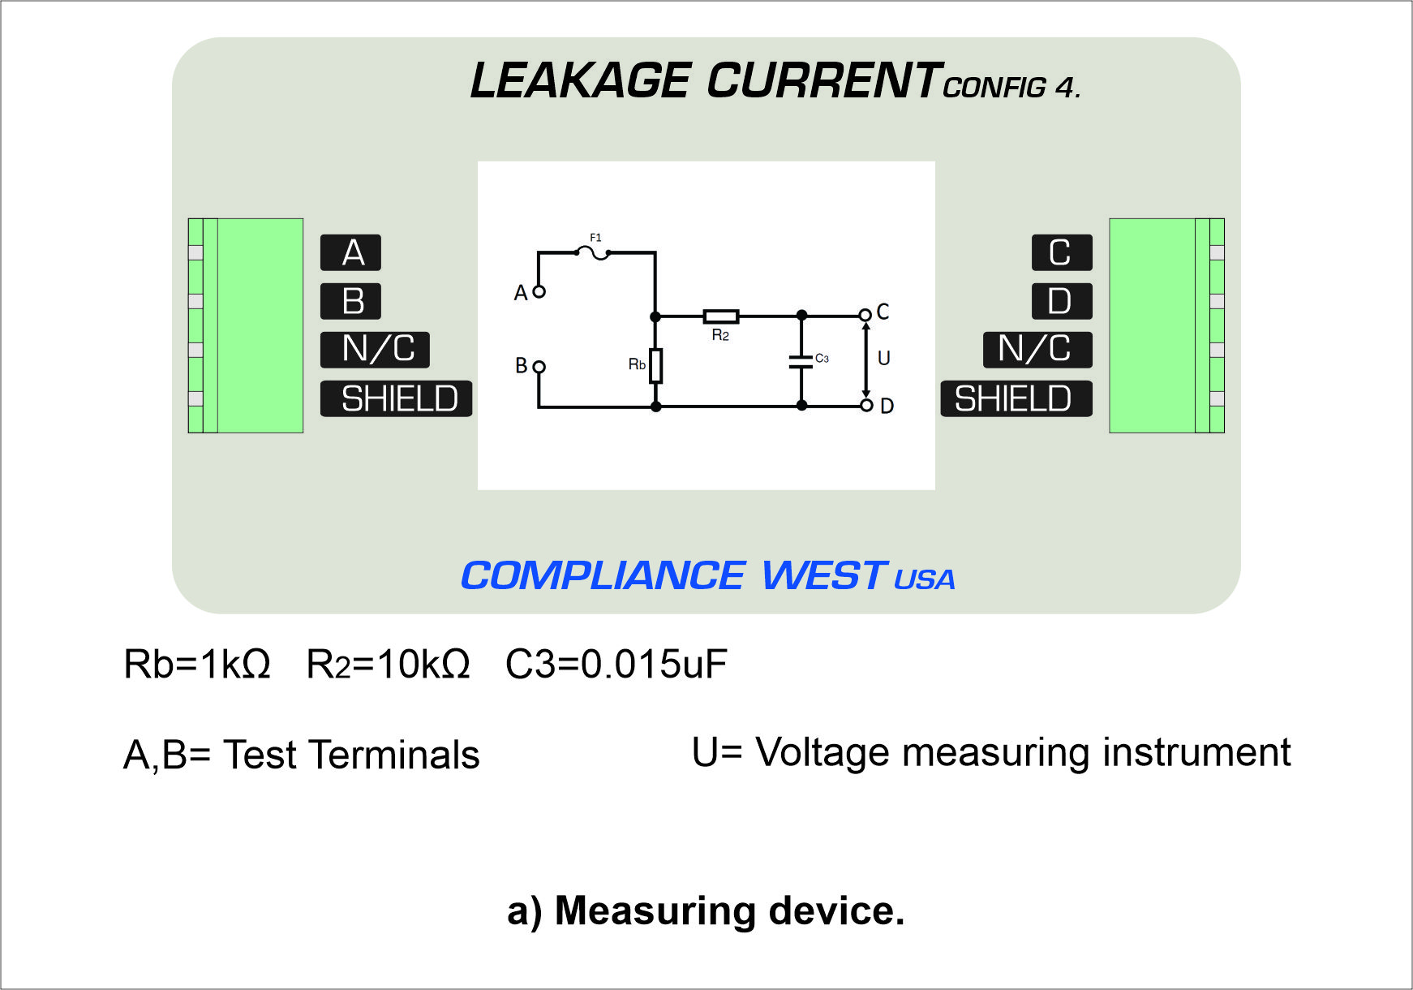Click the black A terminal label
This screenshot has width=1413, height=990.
click(350, 252)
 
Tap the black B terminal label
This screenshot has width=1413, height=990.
click(350, 301)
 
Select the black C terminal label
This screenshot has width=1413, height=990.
click(1062, 252)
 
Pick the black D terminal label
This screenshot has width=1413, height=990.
click(1062, 301)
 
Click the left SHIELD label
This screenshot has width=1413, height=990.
click(396, 398)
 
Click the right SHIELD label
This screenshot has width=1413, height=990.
click(1016, 398)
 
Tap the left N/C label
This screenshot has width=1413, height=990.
click(375, 350)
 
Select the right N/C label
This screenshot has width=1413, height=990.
click(1037, 350)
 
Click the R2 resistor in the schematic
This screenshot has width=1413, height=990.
click(720, 316)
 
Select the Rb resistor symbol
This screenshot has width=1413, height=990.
click(655, 365)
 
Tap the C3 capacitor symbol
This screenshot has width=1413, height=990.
click(801, 361)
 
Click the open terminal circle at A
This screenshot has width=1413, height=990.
click(539, 291)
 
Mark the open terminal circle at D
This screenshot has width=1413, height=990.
click(866, 405)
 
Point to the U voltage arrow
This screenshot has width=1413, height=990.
click(866, 359)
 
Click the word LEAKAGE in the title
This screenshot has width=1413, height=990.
click(580, 81)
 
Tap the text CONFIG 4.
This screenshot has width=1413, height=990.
click(1011, 87)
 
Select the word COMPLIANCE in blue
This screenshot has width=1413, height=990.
click(603, 576)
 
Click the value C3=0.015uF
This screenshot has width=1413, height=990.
click(616, 664)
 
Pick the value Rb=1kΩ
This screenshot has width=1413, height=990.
click(197, 664)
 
